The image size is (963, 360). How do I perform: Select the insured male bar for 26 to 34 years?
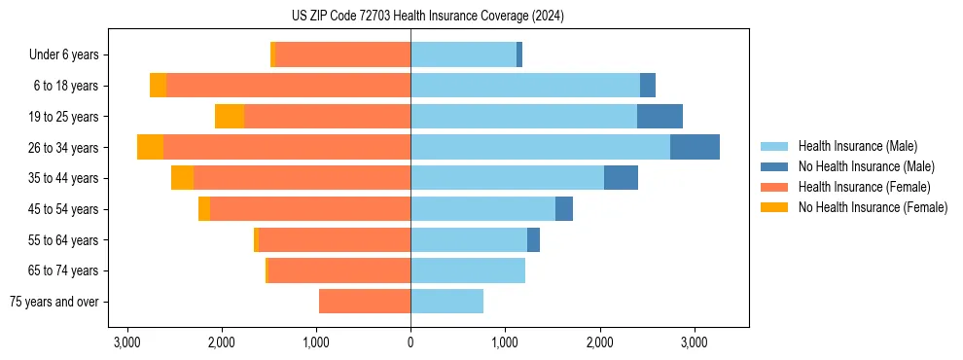click(x=540, y=147)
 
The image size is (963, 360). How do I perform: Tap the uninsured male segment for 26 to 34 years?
click(x=695, y=147)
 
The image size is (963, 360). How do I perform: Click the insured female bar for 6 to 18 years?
click(x=288, y=86)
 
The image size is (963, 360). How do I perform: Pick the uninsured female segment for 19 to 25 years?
click(x=230, y=117)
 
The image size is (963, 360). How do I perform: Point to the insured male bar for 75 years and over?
click(x=446, y=302)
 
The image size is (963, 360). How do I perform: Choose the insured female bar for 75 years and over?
click(x=365, y=302)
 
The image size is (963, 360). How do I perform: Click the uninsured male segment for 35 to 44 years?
click(x=621, y=178)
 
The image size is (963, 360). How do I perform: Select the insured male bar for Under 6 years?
click(x=463, y=54)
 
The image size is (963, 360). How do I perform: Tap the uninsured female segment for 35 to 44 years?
click(x=182, y=178)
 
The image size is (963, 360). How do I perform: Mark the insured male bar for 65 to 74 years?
click(x=468, y=270)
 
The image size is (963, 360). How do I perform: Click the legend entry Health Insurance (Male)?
click(x=856, y=146)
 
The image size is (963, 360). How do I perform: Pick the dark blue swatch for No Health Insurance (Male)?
click(x=774, y=166)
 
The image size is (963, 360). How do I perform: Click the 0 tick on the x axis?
click(x=410, y=342)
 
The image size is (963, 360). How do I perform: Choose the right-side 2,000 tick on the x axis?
click(x=599, y=342)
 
